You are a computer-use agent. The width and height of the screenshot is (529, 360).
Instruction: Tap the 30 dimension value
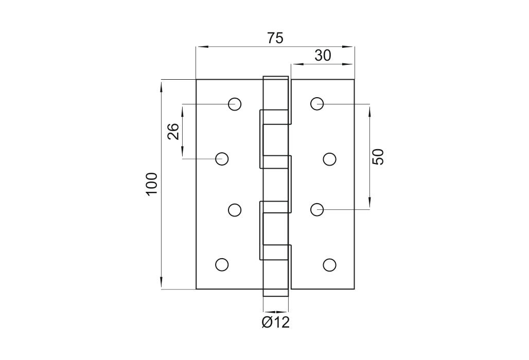click(x=323, y=56)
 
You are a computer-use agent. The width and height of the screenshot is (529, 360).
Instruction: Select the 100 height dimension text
click(x=152, y=184)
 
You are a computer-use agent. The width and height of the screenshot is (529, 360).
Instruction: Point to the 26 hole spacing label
click(x=173, y=132)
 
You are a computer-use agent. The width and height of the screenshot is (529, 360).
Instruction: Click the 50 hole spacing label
click(x=378, y=157)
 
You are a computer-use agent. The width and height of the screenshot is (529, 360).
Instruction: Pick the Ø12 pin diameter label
click(x=276, y=322)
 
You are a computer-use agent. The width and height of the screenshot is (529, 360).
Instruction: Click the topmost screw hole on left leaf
click(x=235, y=104)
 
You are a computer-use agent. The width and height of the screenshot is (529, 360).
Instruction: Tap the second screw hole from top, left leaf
click(x=222, y=159)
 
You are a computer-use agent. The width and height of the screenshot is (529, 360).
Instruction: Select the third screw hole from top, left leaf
click(x=235, y=210)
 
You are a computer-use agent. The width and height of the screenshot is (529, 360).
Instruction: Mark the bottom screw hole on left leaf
click(x=222, y=265)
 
